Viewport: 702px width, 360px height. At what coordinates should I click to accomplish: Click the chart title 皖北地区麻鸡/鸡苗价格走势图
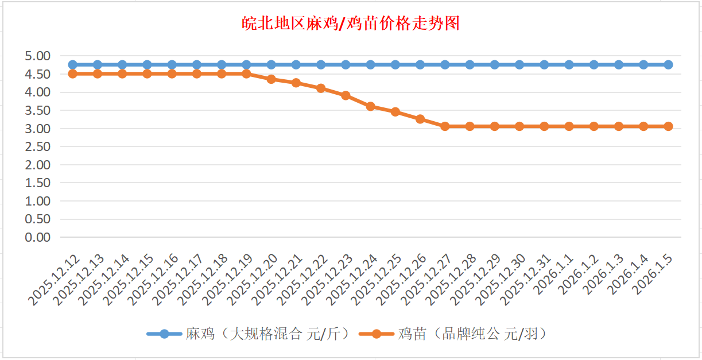click(350, 24)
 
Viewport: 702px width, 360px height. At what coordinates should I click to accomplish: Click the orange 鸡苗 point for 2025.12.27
click(445, 126)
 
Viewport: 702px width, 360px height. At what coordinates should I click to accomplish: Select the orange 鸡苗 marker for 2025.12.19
click(246, 73)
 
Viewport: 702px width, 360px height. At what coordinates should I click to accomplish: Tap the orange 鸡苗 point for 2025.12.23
click(346, 95)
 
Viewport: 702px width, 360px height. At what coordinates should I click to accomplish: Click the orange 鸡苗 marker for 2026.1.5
click(668, 126)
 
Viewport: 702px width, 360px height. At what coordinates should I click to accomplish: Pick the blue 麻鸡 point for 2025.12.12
click(72, 65)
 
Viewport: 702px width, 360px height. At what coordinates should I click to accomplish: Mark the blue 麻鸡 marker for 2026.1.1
click(569, 65)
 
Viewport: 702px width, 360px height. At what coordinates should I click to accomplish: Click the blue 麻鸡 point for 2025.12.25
click(395, 65)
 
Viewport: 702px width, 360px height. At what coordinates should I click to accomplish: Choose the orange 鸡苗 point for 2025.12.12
click(72, 73)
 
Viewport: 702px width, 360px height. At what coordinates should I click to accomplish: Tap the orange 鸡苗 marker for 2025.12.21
click(296, 83)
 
